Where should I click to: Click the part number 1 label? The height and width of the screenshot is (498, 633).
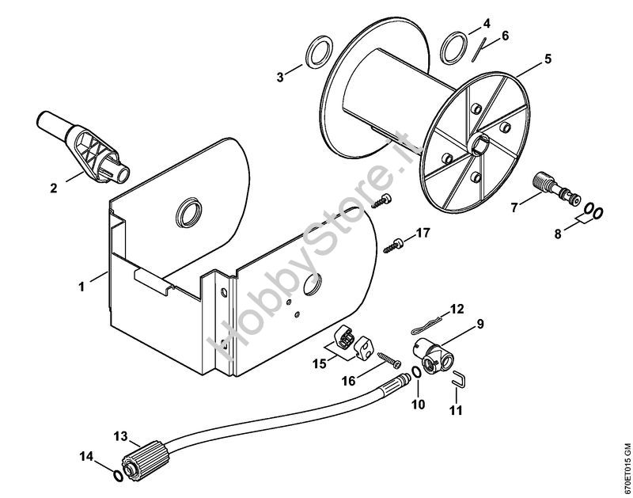click(x=81, y=287)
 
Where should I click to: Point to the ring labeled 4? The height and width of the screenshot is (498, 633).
click(x=454, y=48)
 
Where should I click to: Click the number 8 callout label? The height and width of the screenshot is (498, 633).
click(x=558, y=234)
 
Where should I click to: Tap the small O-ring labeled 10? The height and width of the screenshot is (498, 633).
click(x=417, y=372)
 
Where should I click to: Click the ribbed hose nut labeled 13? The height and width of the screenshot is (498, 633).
click(x=146, y=460)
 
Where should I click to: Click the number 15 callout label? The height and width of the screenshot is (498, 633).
click(x=319, y=363)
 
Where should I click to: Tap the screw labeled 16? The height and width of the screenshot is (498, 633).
click(x=389, y=360)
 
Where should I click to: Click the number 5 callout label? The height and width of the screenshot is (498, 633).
click(x=548, y=59)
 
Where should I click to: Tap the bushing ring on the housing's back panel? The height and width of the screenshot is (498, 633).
click(x=189, y=212)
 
